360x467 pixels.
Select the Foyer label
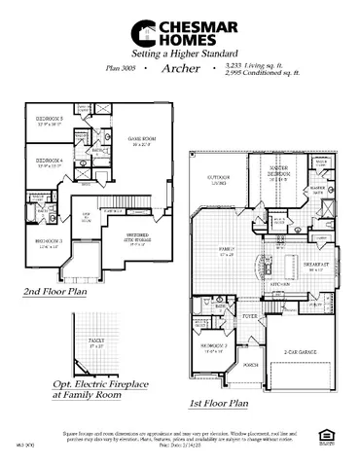(x=249, y=315)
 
